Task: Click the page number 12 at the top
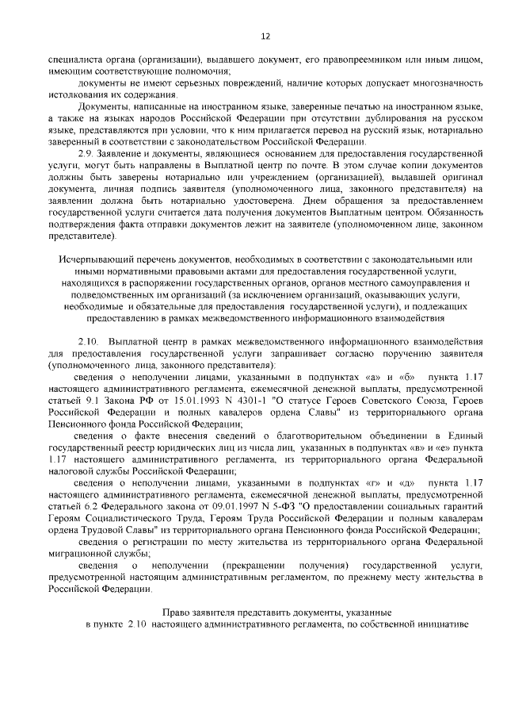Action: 265,35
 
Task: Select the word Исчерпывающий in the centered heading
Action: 93,259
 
